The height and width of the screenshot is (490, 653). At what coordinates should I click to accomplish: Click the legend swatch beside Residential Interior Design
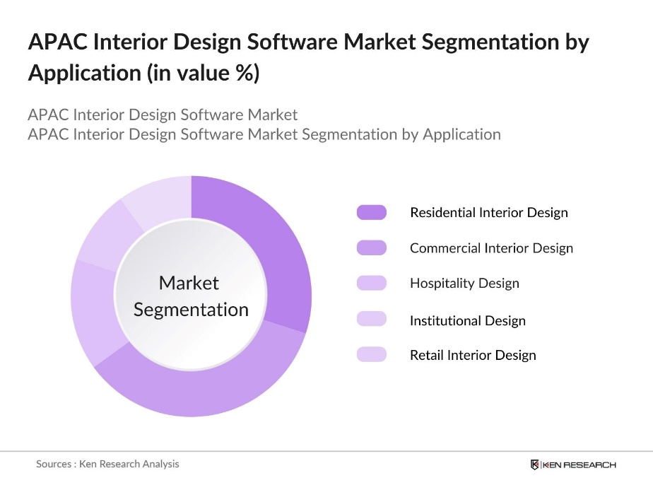(x=372, y=212)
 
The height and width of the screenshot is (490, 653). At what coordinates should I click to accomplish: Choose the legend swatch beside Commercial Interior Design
(x=372, y=247)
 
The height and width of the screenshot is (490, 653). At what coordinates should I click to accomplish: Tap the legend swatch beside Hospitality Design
(x=372, y=283)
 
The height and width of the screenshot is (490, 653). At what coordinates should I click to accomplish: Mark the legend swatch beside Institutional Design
(x=372, y=319)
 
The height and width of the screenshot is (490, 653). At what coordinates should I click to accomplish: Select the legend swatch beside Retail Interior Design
(x=372, y=354)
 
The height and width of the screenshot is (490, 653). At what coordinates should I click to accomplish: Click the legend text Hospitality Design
(x=464, y=284)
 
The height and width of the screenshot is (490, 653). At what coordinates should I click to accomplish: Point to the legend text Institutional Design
(x=467, y=320)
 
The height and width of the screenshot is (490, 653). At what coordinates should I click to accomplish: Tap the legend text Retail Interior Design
(x=473, y=356)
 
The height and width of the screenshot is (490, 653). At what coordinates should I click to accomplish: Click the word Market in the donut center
(x=189, y=283)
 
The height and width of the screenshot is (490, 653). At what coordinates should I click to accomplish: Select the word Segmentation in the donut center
(x=191, y=310)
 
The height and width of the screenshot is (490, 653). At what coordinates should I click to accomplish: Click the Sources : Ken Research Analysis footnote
(x=107, y=464)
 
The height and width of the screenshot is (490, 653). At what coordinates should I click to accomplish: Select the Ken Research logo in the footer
(x=573, y=465)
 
